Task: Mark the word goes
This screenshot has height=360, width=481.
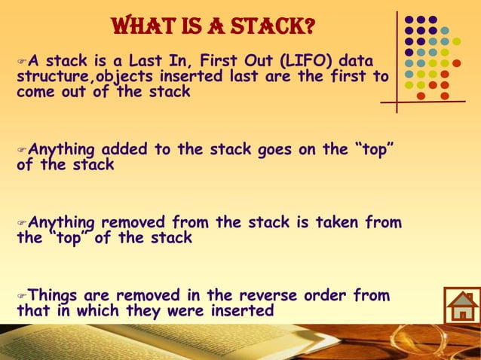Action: click(x=279, y=149)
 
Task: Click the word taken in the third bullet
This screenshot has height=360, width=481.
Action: click(x=331, y=222)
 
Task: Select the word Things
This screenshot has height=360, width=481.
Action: click(x=56, y=294)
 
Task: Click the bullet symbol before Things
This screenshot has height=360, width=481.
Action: click(x=21, y=295)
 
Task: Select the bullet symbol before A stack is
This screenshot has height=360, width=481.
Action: click(x=21, y=62)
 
